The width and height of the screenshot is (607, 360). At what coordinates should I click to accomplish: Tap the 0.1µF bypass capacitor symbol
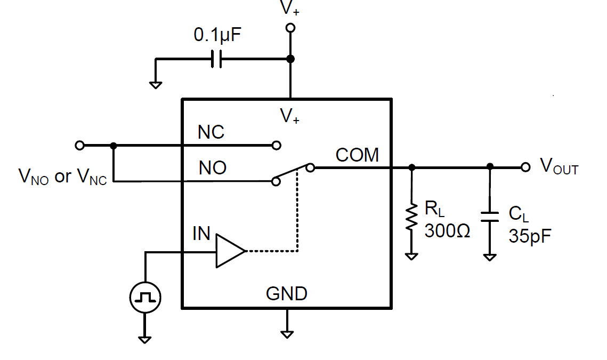pyautogui.click(x=216, y=59)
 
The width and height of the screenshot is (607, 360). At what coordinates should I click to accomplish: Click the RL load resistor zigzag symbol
pyautogui.click(x=411, y=218)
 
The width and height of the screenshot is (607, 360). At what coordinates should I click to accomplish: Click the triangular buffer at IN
pyautogui.click(x=230, y=251)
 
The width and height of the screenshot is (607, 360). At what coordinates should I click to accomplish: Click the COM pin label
pyautogui.click(x=357, y=155)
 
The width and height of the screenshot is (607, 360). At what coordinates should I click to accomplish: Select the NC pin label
pyautogui.click(x=211, y=132)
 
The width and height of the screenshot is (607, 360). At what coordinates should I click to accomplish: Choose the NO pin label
pyautogui.click(x=212, y=169)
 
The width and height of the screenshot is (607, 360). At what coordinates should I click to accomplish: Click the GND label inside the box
pyautogui.click(x=287, y=293)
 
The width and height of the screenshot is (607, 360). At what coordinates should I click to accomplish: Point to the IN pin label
pyautogui.click(x=201, y=233)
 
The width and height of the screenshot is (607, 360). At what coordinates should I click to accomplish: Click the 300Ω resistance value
pyautogui.click(x=447, y=231)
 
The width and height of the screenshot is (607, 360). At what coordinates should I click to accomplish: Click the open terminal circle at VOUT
pyautogui.click(x=525, y=167)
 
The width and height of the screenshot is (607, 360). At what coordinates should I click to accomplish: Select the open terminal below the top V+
pyautogui.click(x=290, y=27)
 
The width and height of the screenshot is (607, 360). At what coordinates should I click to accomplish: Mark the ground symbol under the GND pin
pyautogui.click(x=287, y=333)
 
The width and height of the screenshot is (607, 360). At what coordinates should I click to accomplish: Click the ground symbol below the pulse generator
pyautogui.click(x=145, y=338)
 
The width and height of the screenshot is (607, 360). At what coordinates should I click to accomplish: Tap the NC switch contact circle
pyautogui.click(x=276, y=145)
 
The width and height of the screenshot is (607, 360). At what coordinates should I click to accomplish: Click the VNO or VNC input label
pyautogui.click(x=62, y=177)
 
